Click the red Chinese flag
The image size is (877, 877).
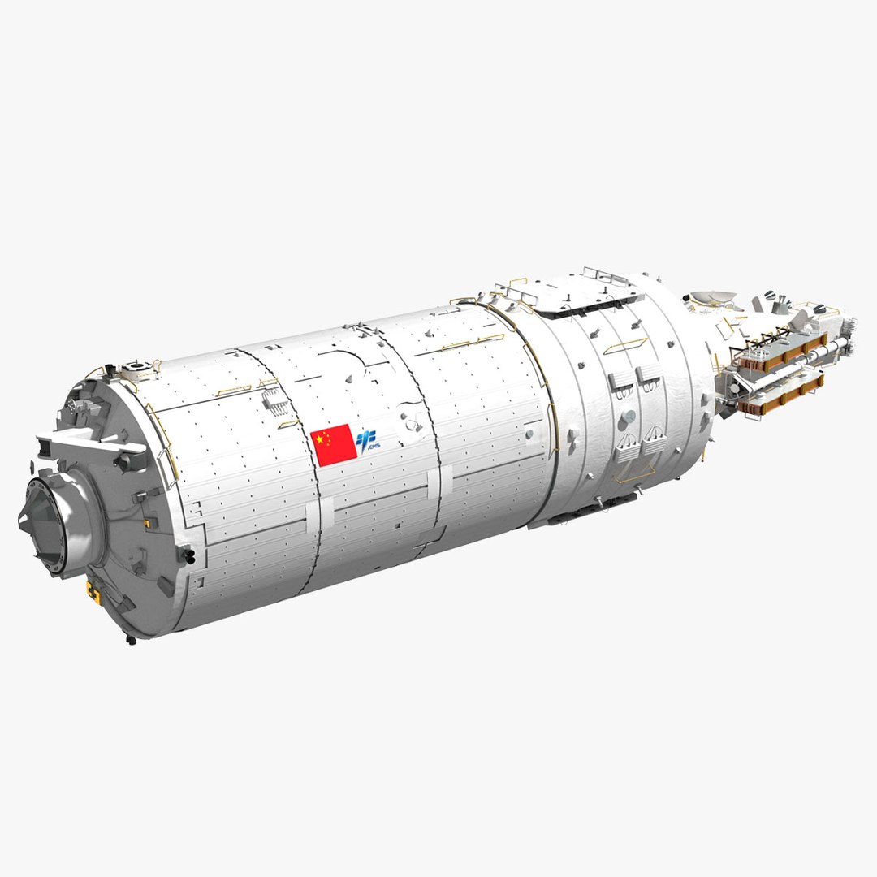click(334, 445)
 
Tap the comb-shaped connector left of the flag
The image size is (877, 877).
click(272, 397)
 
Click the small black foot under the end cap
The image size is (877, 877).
click(131, 640)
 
